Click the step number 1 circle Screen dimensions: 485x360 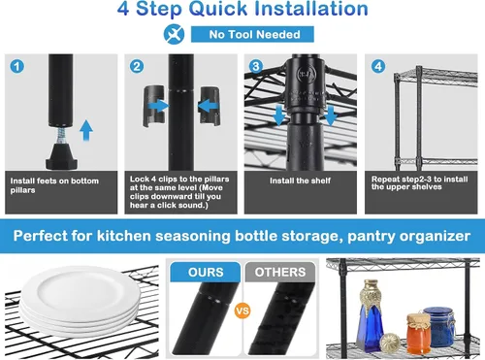tap(17, 67)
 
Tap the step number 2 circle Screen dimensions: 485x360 tap(137, 67)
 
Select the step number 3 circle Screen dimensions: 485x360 tap(256, 67)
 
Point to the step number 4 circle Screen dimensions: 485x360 tap(378, 67)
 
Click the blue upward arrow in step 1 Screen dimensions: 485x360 tap(86, 130)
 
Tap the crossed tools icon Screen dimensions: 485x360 tap(174, 34)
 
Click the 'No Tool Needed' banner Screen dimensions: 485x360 tap(252, 34)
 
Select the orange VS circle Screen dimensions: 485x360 tap(242, 311)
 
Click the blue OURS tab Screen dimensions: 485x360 tap(206, 272)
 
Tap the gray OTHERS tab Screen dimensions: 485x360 tap(280, 272)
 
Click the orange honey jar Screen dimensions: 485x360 tap(419, 334)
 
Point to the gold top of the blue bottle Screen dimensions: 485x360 tap(372, 293)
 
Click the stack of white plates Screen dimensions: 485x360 tap(80, 302)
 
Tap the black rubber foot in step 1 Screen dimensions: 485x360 tap(62, 157)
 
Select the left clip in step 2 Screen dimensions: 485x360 tap(154, 106)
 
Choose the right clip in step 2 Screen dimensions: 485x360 tap(210, 106)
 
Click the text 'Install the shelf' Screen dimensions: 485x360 tap(300, 180)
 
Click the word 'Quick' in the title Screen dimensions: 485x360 tap(219, 9)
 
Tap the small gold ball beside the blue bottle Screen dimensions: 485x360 tap(390, 343)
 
